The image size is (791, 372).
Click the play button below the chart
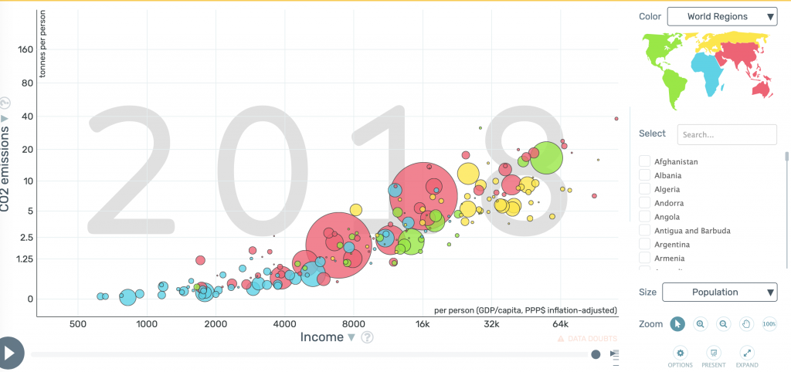coord(11,353)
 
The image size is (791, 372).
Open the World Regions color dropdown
coord(721,16)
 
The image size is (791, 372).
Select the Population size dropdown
coord(719,293)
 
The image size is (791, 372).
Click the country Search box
coord(726,134)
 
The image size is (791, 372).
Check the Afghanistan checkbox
coord(644,161)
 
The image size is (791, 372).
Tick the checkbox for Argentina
coord(644,244)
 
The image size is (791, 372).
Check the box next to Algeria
coord(644,189)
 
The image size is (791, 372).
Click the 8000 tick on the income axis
coord(354,324)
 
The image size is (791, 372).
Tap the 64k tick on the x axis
coord(561,324)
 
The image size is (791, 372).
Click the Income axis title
coord(321,336)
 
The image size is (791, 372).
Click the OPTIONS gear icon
coord(680,353)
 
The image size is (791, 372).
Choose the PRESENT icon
coord(713,353)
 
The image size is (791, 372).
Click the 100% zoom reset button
coord(769,324)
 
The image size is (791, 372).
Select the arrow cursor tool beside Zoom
coord(677,324)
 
